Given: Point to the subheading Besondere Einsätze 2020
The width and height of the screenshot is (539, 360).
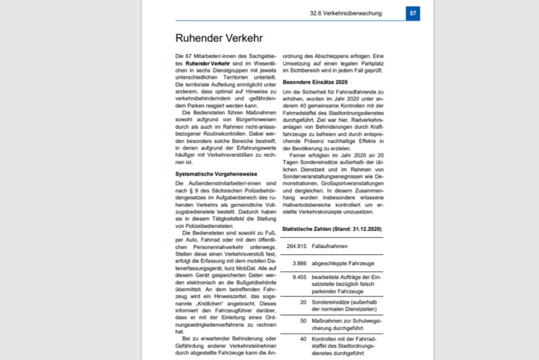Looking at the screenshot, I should click(315, 81).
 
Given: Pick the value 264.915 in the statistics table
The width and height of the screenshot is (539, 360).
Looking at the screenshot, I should click(297, 246).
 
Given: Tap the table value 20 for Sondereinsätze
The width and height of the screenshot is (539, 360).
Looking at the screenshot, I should click(303, 302).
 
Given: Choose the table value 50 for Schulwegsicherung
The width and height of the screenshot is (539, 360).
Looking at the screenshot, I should click(303, 320).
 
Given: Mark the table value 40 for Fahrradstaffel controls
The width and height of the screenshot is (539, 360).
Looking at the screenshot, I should click(303, 338).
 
